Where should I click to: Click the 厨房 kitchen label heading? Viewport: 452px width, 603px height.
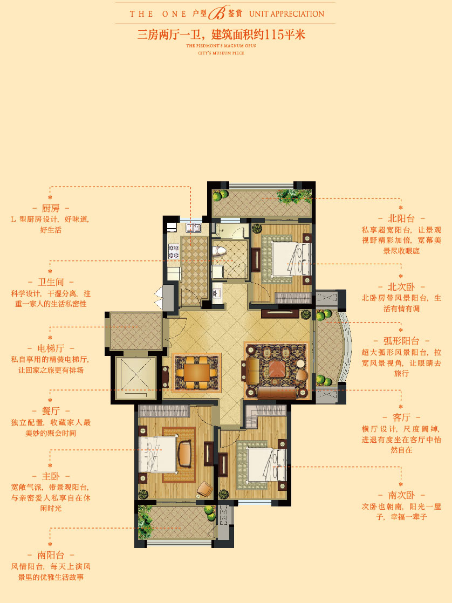[51, 208]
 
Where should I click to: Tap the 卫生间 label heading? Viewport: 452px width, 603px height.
[51, 282]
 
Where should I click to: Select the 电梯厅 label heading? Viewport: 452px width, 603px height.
[51, 348]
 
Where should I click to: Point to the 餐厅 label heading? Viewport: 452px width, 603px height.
[51, 411]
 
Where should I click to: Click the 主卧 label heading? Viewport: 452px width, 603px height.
[51, 476]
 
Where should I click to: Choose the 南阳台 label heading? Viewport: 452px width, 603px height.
[51, 555]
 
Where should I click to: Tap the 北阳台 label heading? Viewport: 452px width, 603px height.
[401, 218]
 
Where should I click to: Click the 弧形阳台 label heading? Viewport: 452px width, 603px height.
[401, 341]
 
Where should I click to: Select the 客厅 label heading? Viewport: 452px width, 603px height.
[401, 417]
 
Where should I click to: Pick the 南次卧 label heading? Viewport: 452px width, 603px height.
[401, 495]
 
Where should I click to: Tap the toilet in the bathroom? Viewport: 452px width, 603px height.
[219, 251]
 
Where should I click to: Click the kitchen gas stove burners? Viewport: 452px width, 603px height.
[174, 252]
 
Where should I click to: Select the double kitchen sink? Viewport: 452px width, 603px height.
[194, 228]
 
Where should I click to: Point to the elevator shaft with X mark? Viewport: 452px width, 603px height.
[136, 379]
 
